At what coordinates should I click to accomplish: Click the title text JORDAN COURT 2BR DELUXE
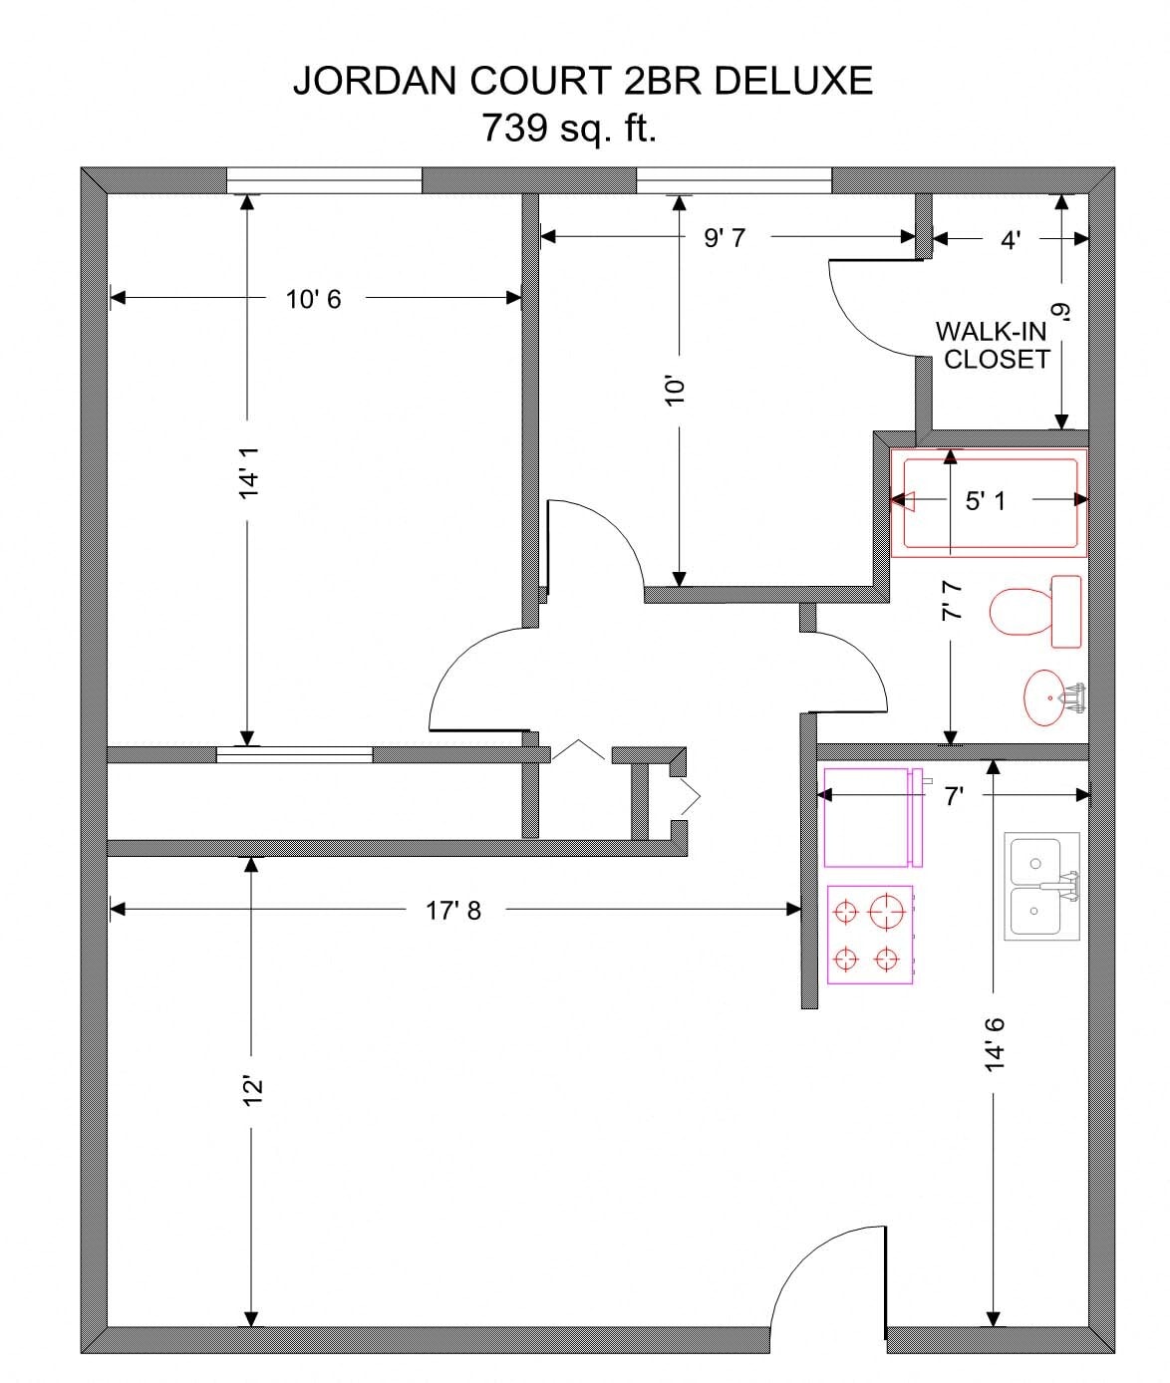583,81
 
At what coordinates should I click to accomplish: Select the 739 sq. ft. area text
569,129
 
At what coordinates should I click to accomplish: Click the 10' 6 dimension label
313,299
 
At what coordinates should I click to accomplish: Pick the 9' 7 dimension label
725,238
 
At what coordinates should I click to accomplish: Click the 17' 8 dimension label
453,911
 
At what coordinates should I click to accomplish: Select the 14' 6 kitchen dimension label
995,1044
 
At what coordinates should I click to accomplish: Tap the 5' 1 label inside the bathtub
985,500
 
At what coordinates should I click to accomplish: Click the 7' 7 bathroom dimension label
954,601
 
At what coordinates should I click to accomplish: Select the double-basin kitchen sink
1040,886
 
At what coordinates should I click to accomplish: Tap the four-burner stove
869,935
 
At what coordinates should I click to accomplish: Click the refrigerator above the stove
872,817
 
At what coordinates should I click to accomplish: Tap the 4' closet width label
1011,240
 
